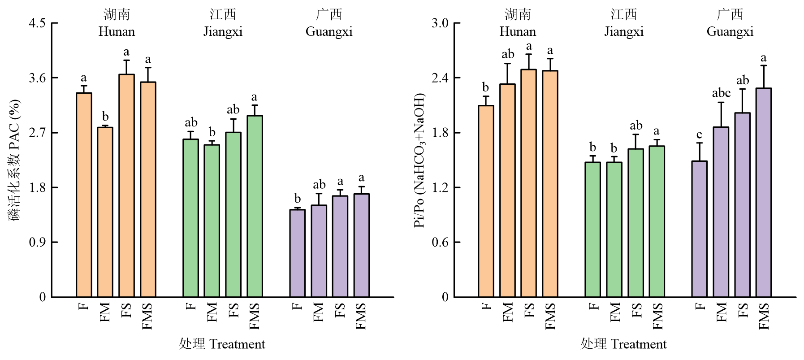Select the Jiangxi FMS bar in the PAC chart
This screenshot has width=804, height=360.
(x=255, y=206)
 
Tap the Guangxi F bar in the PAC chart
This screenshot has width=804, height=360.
(x=297, y=253)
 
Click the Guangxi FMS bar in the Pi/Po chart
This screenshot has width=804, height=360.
(x=764, y=192)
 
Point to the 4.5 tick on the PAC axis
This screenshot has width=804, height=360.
(x=37, y=23)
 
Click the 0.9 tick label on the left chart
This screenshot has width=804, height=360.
(x=37, y=243)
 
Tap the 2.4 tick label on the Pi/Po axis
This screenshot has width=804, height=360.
(x=440, y=78)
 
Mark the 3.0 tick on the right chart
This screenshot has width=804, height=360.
(x=440, y=23)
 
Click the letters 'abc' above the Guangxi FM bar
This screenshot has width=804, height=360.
(x=721, y=93)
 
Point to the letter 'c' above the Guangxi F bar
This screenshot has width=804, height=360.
(x=699, y=135)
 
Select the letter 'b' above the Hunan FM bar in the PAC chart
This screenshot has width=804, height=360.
(x=105, y=117)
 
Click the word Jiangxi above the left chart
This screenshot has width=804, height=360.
(x=223, y=32)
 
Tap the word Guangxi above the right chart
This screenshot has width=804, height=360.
(x=730, y=32)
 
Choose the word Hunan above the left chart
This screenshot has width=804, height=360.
(x=117, y=32)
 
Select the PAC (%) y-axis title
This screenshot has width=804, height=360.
(x=15, y=160)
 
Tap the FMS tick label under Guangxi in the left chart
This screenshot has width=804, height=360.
(x=361, y=316)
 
